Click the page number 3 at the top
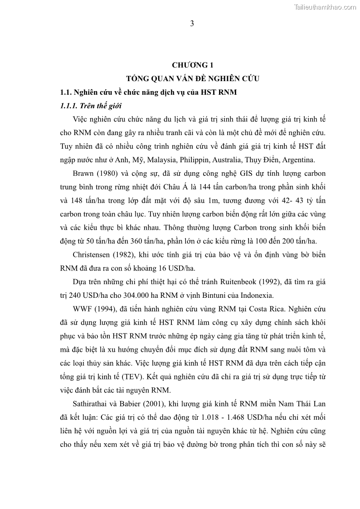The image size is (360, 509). click(192, 24)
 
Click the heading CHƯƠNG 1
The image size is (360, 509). click(192, 66)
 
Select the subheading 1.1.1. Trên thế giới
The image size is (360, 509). click(91, 106)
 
